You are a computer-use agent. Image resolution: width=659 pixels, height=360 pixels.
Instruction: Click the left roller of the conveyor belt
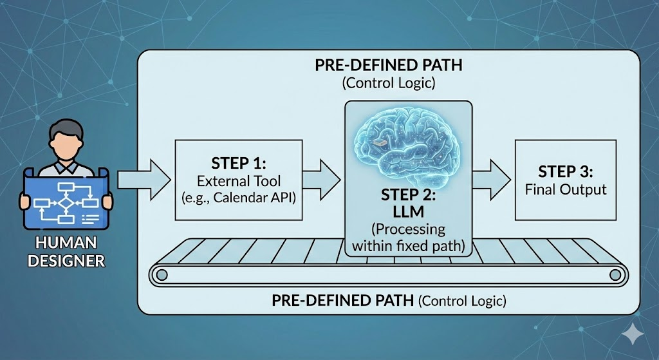pos(162,275)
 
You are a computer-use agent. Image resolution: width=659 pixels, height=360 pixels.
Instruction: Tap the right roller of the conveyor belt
pos(615,275)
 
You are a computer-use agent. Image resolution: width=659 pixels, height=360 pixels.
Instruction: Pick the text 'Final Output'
pos(566,189)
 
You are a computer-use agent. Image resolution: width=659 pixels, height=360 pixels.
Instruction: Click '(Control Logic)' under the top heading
pos(389,83)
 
